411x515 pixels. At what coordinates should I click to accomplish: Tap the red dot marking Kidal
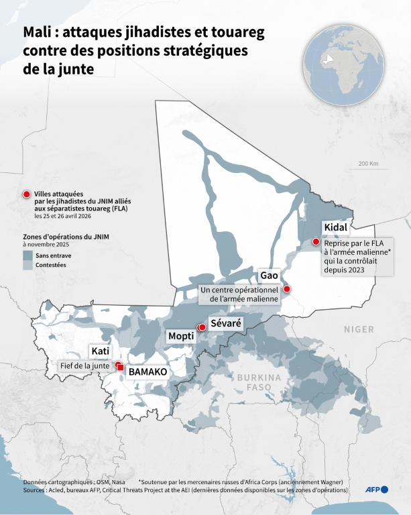click(x=316, y=241)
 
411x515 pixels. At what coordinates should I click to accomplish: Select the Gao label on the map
click(x=269, y=276)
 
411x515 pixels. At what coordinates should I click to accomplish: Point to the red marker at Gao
click(x=287, y=289)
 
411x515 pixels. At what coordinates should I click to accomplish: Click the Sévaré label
click(x=225, y=323)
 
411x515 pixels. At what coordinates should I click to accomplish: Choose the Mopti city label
click(x=181, y=335)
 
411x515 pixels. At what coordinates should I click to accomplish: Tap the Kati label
click(x=100, y=351)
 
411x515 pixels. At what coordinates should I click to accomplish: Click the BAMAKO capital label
click(x=147, y=371)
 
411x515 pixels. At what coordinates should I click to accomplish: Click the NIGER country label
click(x=359, y=329)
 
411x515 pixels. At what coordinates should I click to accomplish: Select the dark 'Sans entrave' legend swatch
click(x=27, y=255)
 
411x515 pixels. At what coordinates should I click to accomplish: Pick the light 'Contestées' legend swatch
click(x=27, y=266)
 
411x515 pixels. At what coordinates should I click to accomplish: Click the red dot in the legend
click(x=27, y=194)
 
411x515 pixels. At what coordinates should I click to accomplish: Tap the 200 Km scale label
click(x=368, y=164)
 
